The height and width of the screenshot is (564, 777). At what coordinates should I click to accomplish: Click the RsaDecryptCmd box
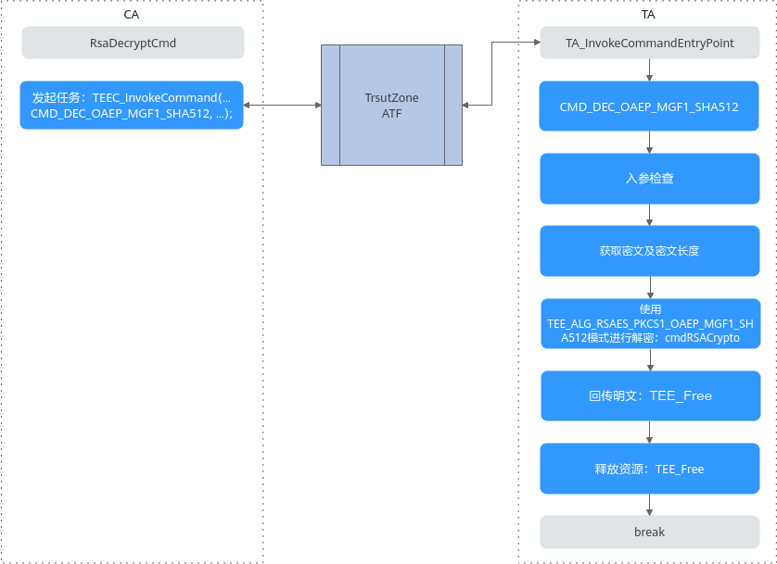click(x=133, y=43)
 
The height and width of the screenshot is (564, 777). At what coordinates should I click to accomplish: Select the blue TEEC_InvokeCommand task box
click(x=132, y=106)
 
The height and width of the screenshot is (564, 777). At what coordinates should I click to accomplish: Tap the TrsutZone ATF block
click(x=391, y=105)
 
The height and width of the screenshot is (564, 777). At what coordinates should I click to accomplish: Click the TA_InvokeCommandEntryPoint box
click(x=650, y=43)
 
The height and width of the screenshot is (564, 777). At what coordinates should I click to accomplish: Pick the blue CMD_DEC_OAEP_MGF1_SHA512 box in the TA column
click(x=649, y=107)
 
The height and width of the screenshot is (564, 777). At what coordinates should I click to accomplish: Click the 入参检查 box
click(x=650, y=179)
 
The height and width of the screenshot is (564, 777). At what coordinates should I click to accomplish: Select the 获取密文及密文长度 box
click(x=650, y=251)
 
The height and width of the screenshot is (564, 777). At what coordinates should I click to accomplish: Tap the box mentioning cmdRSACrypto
click(x=651, y=323)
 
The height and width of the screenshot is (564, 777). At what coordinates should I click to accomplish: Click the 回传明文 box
click(x=651, y=395)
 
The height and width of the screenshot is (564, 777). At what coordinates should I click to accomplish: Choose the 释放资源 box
click(x=650, y=469)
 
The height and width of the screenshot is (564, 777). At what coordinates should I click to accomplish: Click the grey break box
click(x=650, y=532)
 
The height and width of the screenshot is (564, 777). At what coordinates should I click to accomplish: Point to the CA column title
click(x=132, y=14)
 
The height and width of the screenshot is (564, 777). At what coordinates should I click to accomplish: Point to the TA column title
click(x=648, y=14)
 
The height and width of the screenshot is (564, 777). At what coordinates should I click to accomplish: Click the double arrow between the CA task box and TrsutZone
click(x=283, y=105)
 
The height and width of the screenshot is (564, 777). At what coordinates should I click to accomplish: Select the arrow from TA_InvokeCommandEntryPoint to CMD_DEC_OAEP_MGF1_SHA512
click(x=649, y=70)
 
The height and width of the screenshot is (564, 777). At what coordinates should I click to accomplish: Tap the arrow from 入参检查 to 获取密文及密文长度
click(x=649, y=215)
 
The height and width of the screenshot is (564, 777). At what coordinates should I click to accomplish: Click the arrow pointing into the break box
click(x=649, y=505)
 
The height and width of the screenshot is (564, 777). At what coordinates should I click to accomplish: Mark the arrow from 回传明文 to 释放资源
click(x=650, y=432)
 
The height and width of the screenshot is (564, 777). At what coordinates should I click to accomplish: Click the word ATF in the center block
click(x=391, y=113)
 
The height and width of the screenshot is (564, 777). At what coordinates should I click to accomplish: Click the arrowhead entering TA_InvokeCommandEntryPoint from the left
click(x=537, y=42)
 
